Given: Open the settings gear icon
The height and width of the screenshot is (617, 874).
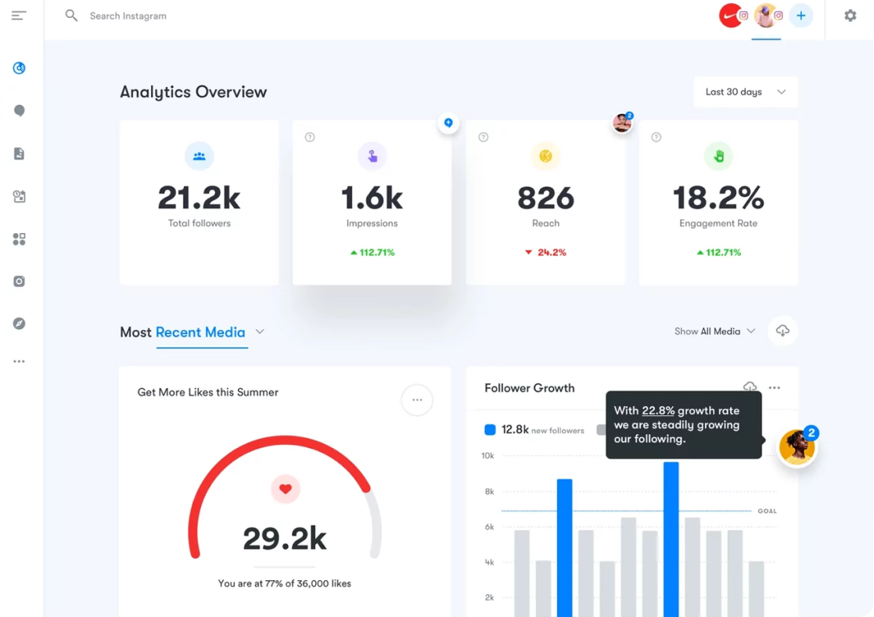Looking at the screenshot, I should pos(850,16).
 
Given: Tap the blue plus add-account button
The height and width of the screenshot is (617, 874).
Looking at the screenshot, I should pos(800,16).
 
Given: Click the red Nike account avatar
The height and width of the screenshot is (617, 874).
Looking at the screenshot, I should pos(731,16).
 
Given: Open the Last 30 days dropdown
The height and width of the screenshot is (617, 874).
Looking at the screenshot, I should pos(745,92).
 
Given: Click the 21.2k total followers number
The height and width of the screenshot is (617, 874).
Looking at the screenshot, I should pos(199,199).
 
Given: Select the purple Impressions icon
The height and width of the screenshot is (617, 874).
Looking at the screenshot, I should pos(372,156).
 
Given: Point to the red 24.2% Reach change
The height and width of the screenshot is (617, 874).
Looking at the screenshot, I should pos(545,253).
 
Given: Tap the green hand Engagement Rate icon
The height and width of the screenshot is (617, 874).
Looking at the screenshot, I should pos(718,156).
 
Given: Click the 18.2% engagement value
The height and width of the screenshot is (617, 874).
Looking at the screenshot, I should pos(718,199).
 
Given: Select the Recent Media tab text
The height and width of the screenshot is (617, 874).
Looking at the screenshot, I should pos(200,332).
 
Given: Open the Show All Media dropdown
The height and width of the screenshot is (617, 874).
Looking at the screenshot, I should pos(714,332).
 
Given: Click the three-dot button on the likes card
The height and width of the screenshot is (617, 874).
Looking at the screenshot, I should pos(417,400).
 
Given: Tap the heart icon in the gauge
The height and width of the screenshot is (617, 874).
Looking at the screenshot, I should pos(285,490).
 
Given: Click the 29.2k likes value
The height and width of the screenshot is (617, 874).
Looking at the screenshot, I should pos(285,539).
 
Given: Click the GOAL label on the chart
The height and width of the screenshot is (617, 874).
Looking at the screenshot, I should pos(767,511).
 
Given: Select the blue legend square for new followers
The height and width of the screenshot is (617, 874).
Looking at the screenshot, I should pos(490,429).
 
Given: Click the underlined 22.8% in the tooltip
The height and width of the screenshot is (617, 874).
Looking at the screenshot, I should pos(658,411).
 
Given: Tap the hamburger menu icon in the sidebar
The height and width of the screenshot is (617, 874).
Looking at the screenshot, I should pos(19,16).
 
